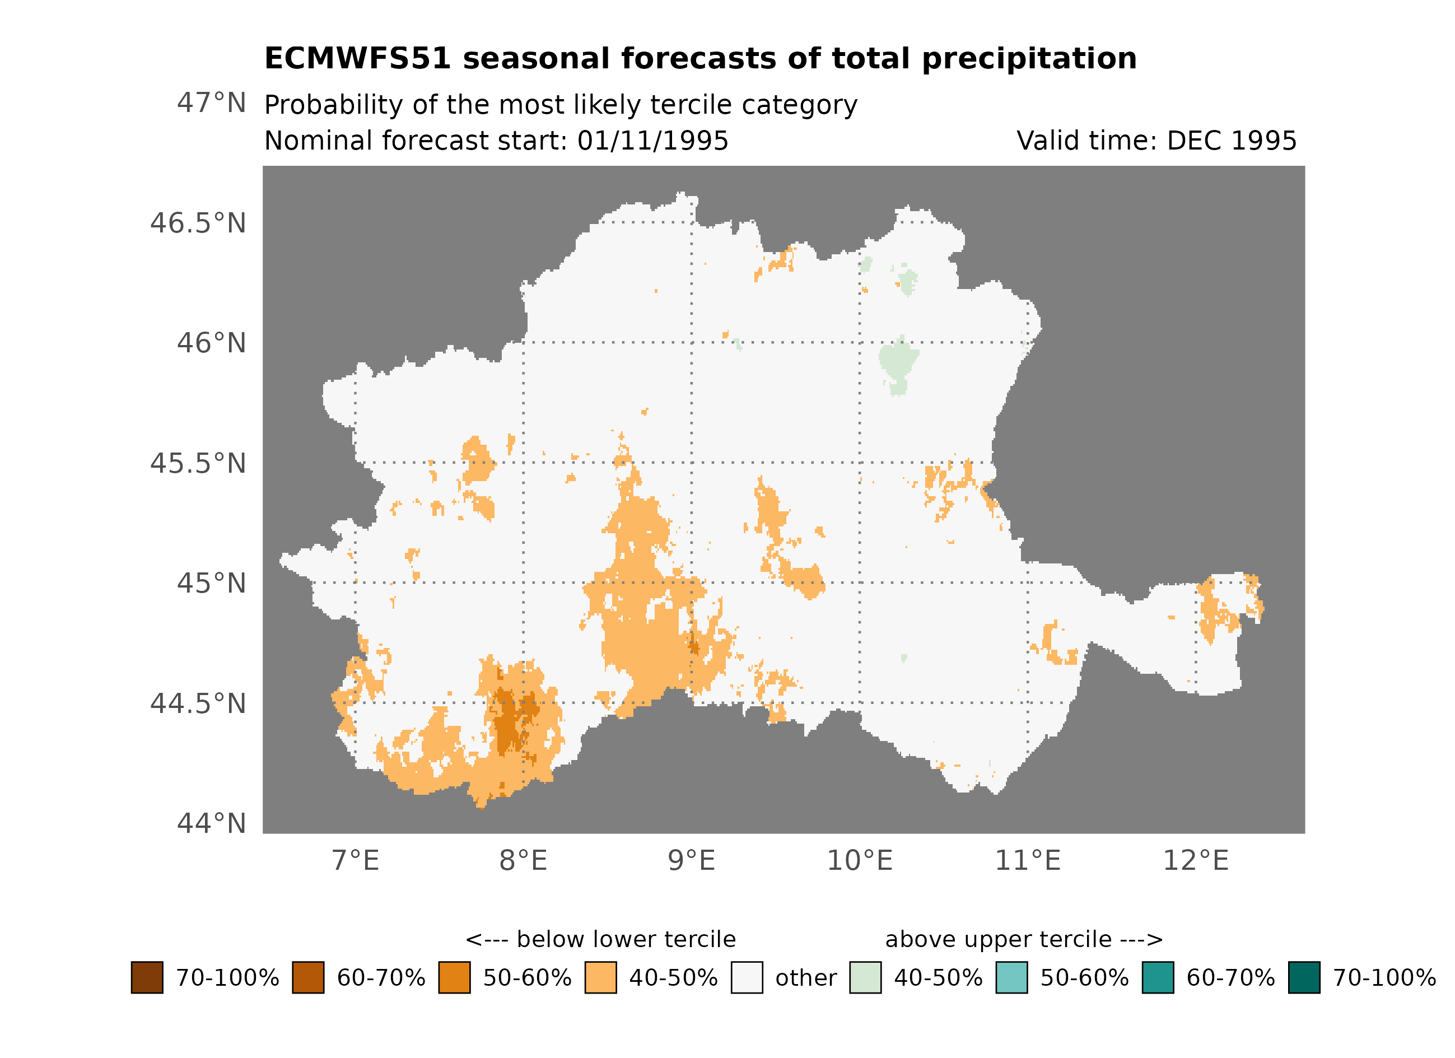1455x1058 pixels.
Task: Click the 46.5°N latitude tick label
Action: [x=198, y=224]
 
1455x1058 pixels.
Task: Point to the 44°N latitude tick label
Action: [x=211, y=824]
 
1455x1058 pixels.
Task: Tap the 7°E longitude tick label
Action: [x=356, y=861]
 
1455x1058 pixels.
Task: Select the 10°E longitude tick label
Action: [x=859, y=861]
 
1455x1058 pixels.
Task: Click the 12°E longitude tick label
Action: [x=1195, y=861]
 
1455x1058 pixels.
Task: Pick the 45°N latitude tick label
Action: [x=211, y=584]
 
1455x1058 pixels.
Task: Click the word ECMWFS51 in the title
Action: [x=357, y=59]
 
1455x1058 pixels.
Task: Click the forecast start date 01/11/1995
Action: [x=652, y=141]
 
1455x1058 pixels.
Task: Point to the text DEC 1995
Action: [x=1231, y=141]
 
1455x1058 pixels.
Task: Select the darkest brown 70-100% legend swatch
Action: [x=147, y=978]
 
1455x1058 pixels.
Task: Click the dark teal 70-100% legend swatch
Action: [x=1304, y=978]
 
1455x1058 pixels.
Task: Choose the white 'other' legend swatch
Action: [x=747, y=978]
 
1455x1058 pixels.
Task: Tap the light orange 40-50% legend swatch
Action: [x=600, y=978]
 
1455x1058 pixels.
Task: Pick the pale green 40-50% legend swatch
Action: [x=865, y=978]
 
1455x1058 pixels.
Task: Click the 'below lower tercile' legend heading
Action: [x=600, y=940]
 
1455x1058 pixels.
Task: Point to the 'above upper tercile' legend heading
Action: [x=1023, y=940]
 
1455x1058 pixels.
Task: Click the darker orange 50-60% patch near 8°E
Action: [x=510, y=719]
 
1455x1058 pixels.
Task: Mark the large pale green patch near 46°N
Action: [x=898, y=360]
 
